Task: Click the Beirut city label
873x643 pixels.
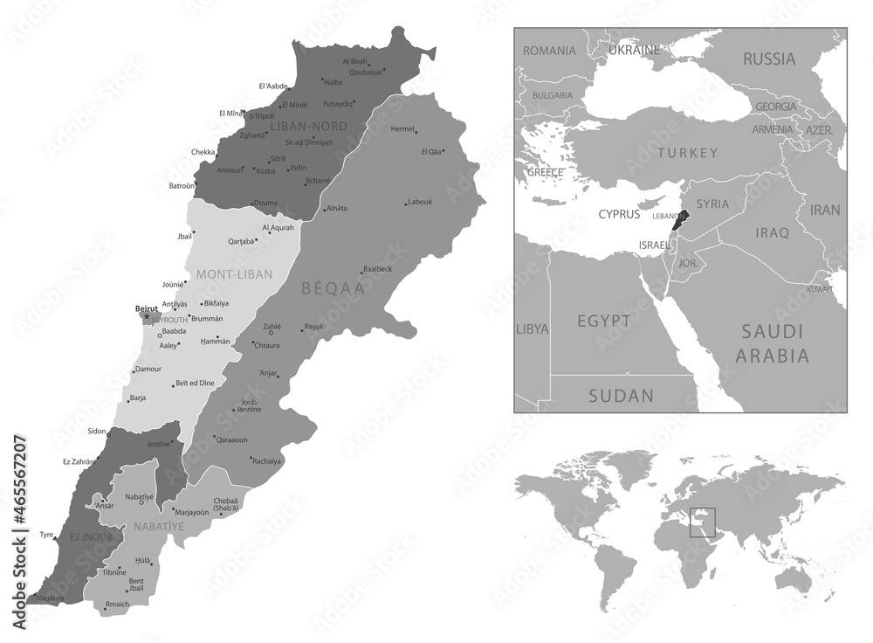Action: pos(147,308)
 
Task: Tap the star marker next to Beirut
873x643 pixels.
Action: pos(147,316)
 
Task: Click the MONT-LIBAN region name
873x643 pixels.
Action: pos(234,273)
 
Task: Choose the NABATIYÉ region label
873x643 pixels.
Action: pos(159,528)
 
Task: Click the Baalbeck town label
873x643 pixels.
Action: pos(378,269)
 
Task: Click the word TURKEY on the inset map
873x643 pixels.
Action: pos(688,153)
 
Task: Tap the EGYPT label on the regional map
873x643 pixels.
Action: pos(603,321)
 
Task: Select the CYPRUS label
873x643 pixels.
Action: pos(621,213)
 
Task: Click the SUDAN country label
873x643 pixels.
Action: pos(621,396)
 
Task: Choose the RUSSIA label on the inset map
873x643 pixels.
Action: pos(768,59)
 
